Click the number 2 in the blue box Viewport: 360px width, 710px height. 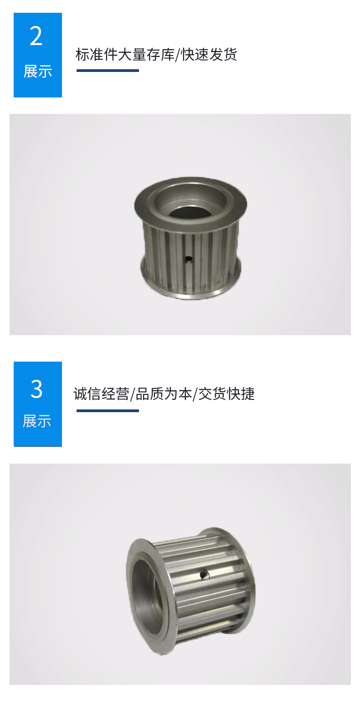36,36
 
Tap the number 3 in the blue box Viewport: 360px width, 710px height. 36,389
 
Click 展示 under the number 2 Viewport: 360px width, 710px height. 37,72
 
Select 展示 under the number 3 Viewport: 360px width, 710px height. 37,421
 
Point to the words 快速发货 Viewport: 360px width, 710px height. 209,55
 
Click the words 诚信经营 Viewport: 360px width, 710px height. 101,393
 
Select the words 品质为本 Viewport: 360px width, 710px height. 164,393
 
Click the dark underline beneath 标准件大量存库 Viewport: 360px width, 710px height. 108,71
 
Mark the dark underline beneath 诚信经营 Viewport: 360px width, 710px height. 108,411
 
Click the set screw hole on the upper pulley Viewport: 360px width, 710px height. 188,260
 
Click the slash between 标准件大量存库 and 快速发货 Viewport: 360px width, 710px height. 178,55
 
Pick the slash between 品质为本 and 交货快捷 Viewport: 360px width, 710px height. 195,394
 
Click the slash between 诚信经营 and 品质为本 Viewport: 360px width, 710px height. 133,394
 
